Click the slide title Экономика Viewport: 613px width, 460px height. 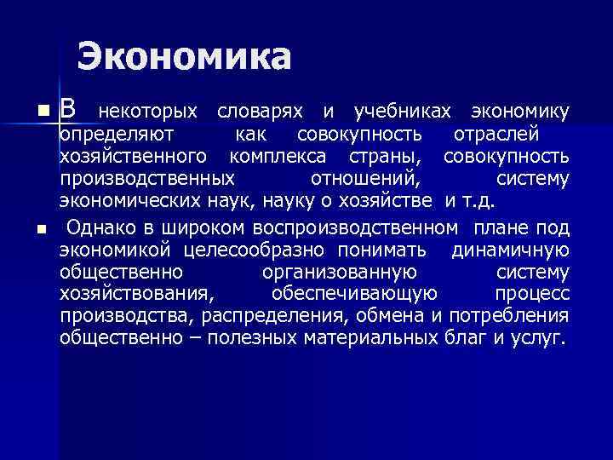(x=184, y=57)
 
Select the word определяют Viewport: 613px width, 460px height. (x=117, y=135)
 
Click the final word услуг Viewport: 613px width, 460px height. (x=540, y=338)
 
